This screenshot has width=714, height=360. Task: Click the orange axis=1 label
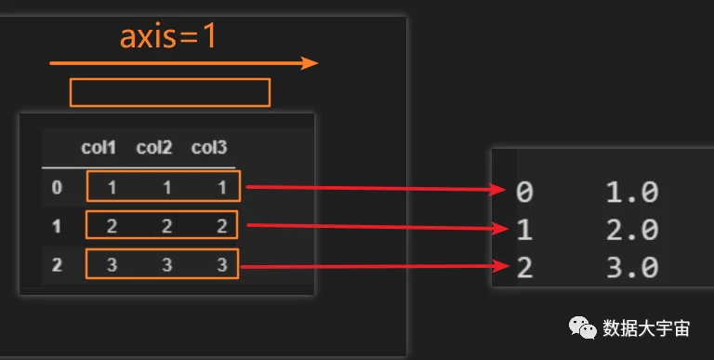[167, 37]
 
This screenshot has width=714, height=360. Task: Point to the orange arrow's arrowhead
[310, 63]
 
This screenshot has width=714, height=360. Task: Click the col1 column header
[99, 148]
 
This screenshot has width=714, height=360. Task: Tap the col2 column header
[154, 148]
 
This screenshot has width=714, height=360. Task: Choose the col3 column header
[209, 148]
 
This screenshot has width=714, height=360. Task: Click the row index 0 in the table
[57, 187]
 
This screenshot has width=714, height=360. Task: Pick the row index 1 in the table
[57, 226]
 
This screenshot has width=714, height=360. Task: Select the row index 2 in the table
[57, 265]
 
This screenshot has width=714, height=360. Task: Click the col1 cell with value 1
[112, 187]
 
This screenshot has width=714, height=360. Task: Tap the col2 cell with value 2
[166, 226]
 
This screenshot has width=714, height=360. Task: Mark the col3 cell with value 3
[222, 265]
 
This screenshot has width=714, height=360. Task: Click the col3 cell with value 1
[222, 187]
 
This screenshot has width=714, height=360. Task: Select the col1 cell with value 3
[112, 265]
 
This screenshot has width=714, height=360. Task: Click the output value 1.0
[632, 192]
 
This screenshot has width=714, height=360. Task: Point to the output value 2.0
[632, 230]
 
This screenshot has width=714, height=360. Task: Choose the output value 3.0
[632, 268]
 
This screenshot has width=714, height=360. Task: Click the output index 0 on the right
[524, 192]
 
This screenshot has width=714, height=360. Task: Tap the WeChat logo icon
[582, 327]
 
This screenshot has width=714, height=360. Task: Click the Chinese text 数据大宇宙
[646, 328]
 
